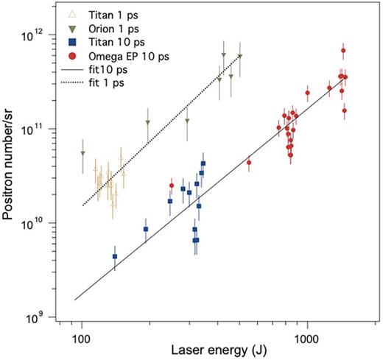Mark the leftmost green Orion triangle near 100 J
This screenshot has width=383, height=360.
click(x=82, y=153)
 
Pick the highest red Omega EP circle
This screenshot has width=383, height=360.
click(x=343, y=51)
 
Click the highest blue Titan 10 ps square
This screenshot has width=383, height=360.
click(x=203, y=163)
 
